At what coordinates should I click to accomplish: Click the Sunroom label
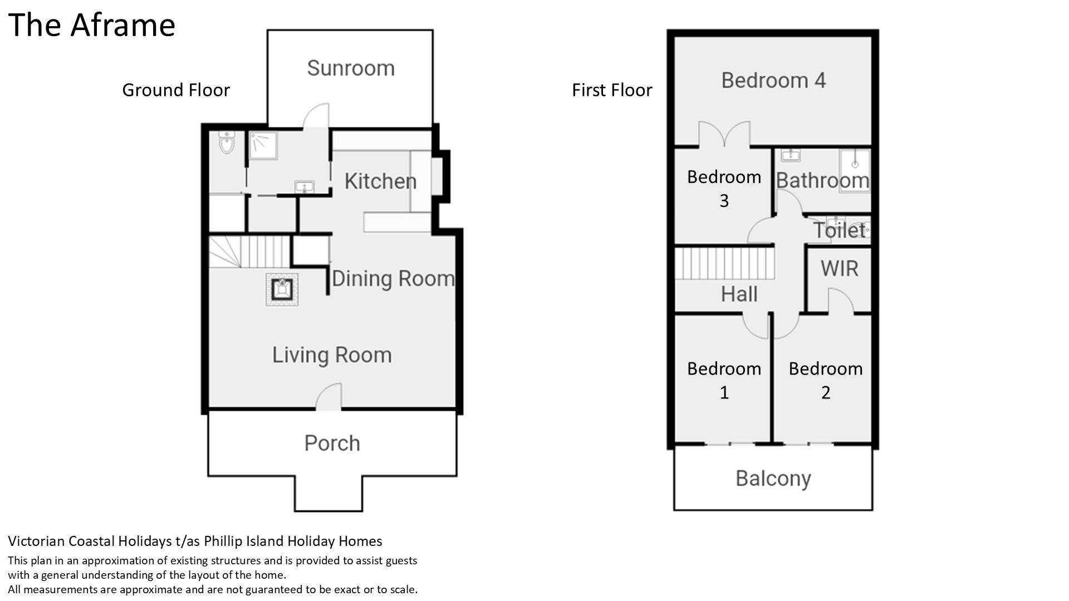(351, 68)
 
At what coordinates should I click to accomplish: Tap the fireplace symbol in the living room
(282, 289)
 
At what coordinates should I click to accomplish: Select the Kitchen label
(380, 181)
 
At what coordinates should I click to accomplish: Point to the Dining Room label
(393, 278)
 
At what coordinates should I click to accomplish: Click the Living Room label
(332, 355)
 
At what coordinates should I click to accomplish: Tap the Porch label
(332, 444)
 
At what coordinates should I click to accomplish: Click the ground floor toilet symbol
(226, 142)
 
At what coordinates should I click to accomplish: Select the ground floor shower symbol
(263, 145)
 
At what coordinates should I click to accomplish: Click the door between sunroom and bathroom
(316, 116)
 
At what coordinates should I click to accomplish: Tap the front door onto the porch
(328, 397)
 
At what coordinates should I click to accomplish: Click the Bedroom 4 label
(773, 81)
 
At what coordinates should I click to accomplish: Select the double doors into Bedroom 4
(724, 134)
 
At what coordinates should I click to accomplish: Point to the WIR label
(839, 269)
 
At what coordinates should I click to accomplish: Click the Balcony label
(773, 479)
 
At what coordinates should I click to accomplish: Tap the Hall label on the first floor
(739, 294)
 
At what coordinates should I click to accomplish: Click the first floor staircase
(725, 263)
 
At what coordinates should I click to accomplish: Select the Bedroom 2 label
(826, 381)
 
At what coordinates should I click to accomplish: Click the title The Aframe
(92, 25)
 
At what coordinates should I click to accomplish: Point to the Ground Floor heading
(176, 90)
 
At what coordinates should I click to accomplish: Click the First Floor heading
(612, 90)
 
